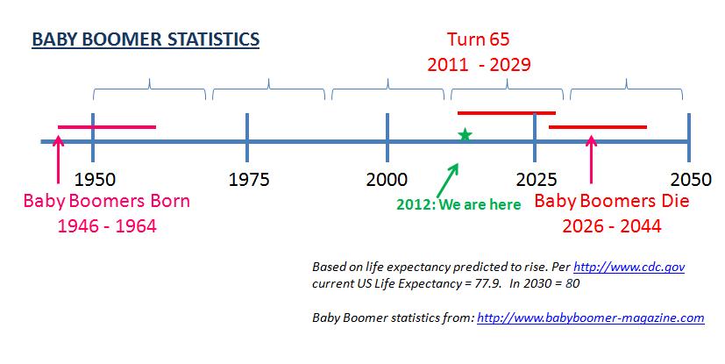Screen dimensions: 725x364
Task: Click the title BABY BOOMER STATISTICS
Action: click(146, 39)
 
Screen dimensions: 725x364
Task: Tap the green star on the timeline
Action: click(466, 134)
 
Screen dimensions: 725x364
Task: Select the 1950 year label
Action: click(95, 180)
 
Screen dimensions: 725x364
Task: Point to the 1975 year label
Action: click(249, 180)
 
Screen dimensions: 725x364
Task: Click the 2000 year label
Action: click(387, 180)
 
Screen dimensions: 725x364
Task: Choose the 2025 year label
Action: click(537, 180)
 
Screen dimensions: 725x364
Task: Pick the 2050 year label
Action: click(691, 180)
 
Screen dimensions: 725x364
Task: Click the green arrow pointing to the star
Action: click(448, 180)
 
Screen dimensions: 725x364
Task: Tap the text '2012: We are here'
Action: click(458, 204)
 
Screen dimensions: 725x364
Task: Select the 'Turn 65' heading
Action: click(478, 39)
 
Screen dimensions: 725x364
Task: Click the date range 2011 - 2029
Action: click(479, 65)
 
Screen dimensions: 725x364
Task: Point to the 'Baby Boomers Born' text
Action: click(107, 201)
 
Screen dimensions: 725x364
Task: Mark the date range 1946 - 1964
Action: click(107, 226)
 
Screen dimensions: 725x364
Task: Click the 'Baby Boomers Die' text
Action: click(612, 201)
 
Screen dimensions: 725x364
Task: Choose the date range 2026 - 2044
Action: click(612, 226)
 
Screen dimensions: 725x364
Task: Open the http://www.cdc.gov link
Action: click(629, 268)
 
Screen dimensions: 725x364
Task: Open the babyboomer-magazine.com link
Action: click(591, 318)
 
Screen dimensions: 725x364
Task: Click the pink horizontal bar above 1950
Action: click(107, 126)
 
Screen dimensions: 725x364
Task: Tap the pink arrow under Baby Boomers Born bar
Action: click(58, 159)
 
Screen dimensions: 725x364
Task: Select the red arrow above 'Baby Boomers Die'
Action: click(591, 159)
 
